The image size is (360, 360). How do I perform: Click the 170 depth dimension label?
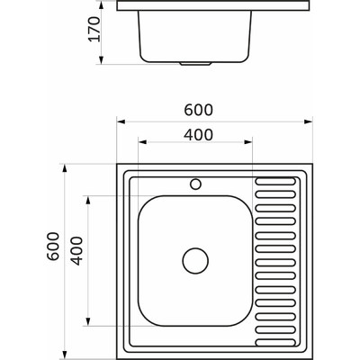pos(94,30)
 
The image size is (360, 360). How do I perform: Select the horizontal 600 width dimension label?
pos(198,110)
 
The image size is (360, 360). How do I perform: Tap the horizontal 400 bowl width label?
pos(198,135)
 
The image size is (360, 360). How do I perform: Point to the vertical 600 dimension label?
pos(53,246)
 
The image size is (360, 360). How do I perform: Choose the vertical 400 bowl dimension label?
pos(76,251)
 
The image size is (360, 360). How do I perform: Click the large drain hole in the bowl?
pos(195,260)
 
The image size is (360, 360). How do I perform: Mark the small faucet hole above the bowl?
pos(195,184)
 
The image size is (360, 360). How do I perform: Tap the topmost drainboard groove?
pos(275,181)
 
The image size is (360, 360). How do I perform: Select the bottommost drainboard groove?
pos(275,343)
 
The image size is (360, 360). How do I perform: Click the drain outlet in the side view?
pos(195,64)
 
